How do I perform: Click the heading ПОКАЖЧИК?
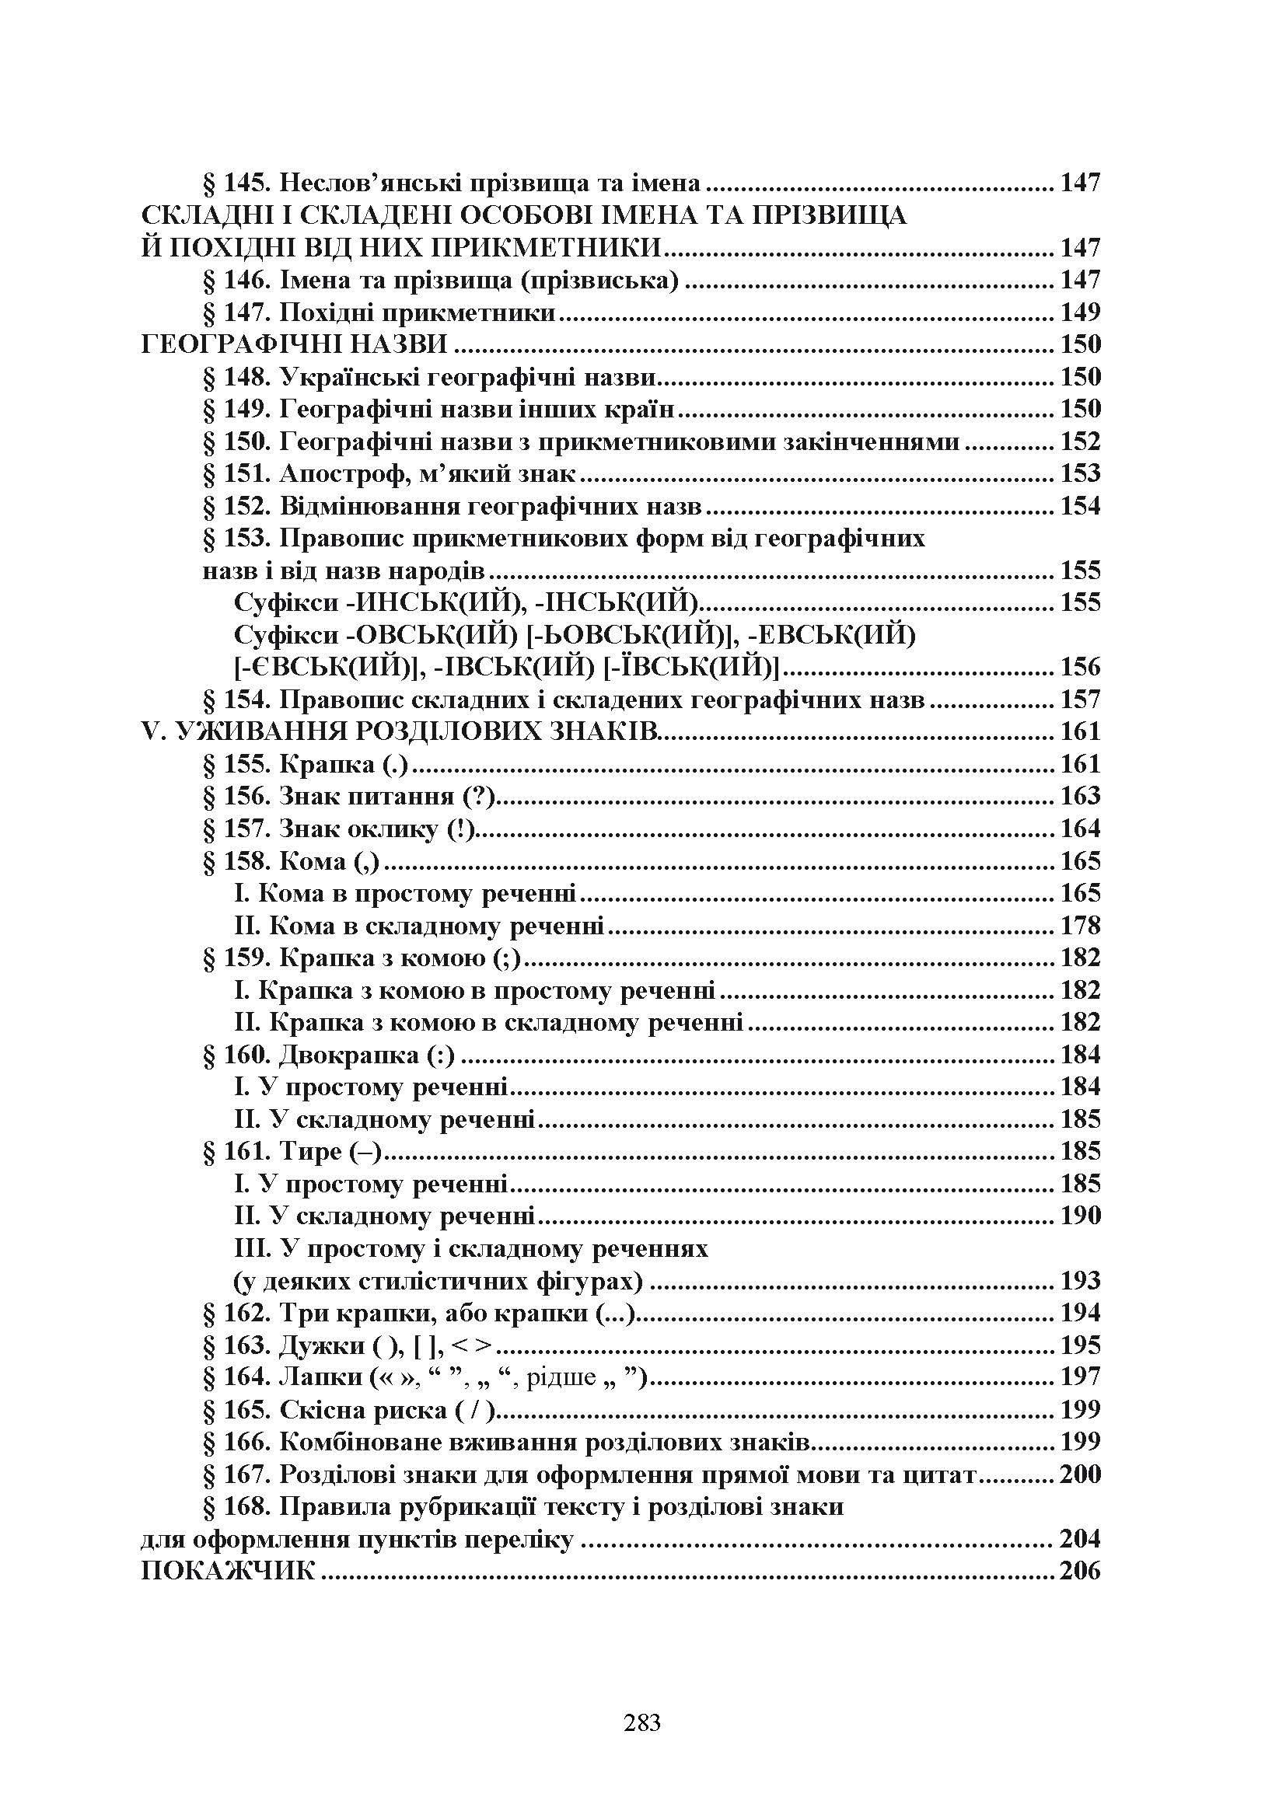(x=228, y=1572)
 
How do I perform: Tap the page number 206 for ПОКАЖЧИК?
(x=1080, y=1572)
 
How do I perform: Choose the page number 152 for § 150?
(x=1080, y=441)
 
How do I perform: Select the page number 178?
(x=1080, y=925)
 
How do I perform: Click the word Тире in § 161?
(x=310, y=1151)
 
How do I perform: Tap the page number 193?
(x=1080, y=1280)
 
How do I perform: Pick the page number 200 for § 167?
(x=1080, y=1474)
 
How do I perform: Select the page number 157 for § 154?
(x=1080, y=700)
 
